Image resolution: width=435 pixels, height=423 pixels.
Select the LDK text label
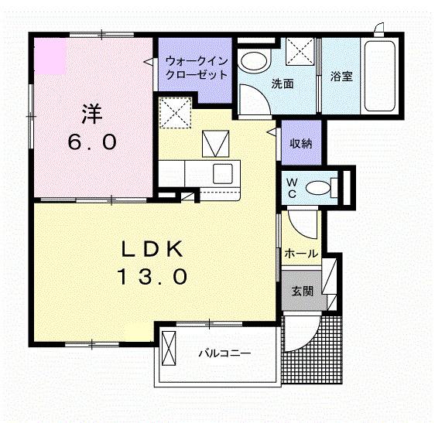(152, 249)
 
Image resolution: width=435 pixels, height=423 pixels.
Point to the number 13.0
(152, 276)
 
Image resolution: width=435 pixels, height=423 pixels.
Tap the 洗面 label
(281, 84)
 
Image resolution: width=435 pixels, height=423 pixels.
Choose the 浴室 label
(341, 77)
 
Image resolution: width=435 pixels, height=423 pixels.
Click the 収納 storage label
(301, 143)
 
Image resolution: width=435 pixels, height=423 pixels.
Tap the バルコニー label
(224, 354)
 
